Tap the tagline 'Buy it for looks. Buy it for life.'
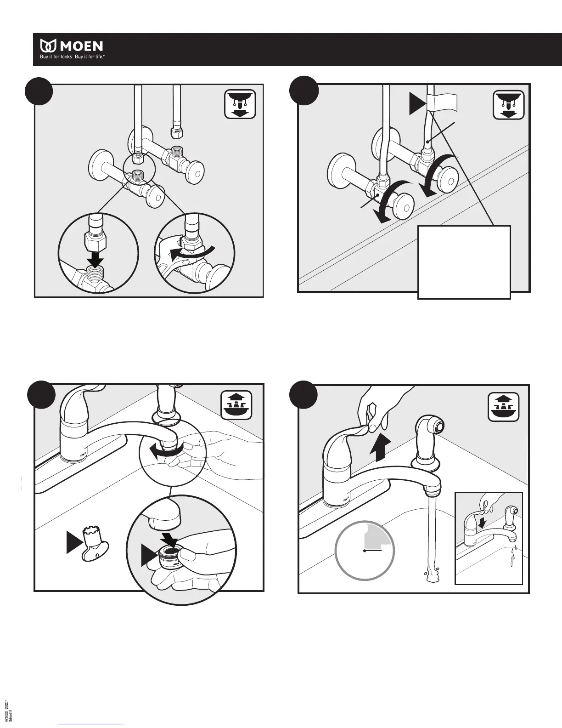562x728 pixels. click(x=71, y=58)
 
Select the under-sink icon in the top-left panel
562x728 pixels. click(x=240, y=104)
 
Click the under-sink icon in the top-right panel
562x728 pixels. click(x=508, y=104)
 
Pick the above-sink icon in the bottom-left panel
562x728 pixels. click(x=236, y=405)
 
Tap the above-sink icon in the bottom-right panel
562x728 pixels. click(x=503, y=405)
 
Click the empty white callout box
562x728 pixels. click(x=464, y=262)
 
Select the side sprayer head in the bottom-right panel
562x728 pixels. click(x=432, y=428)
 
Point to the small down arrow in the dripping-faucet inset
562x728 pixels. click(x=482, y=523)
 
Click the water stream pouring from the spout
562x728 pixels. click(x=431, y=533)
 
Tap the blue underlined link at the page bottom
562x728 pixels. click(x=91, y=724)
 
